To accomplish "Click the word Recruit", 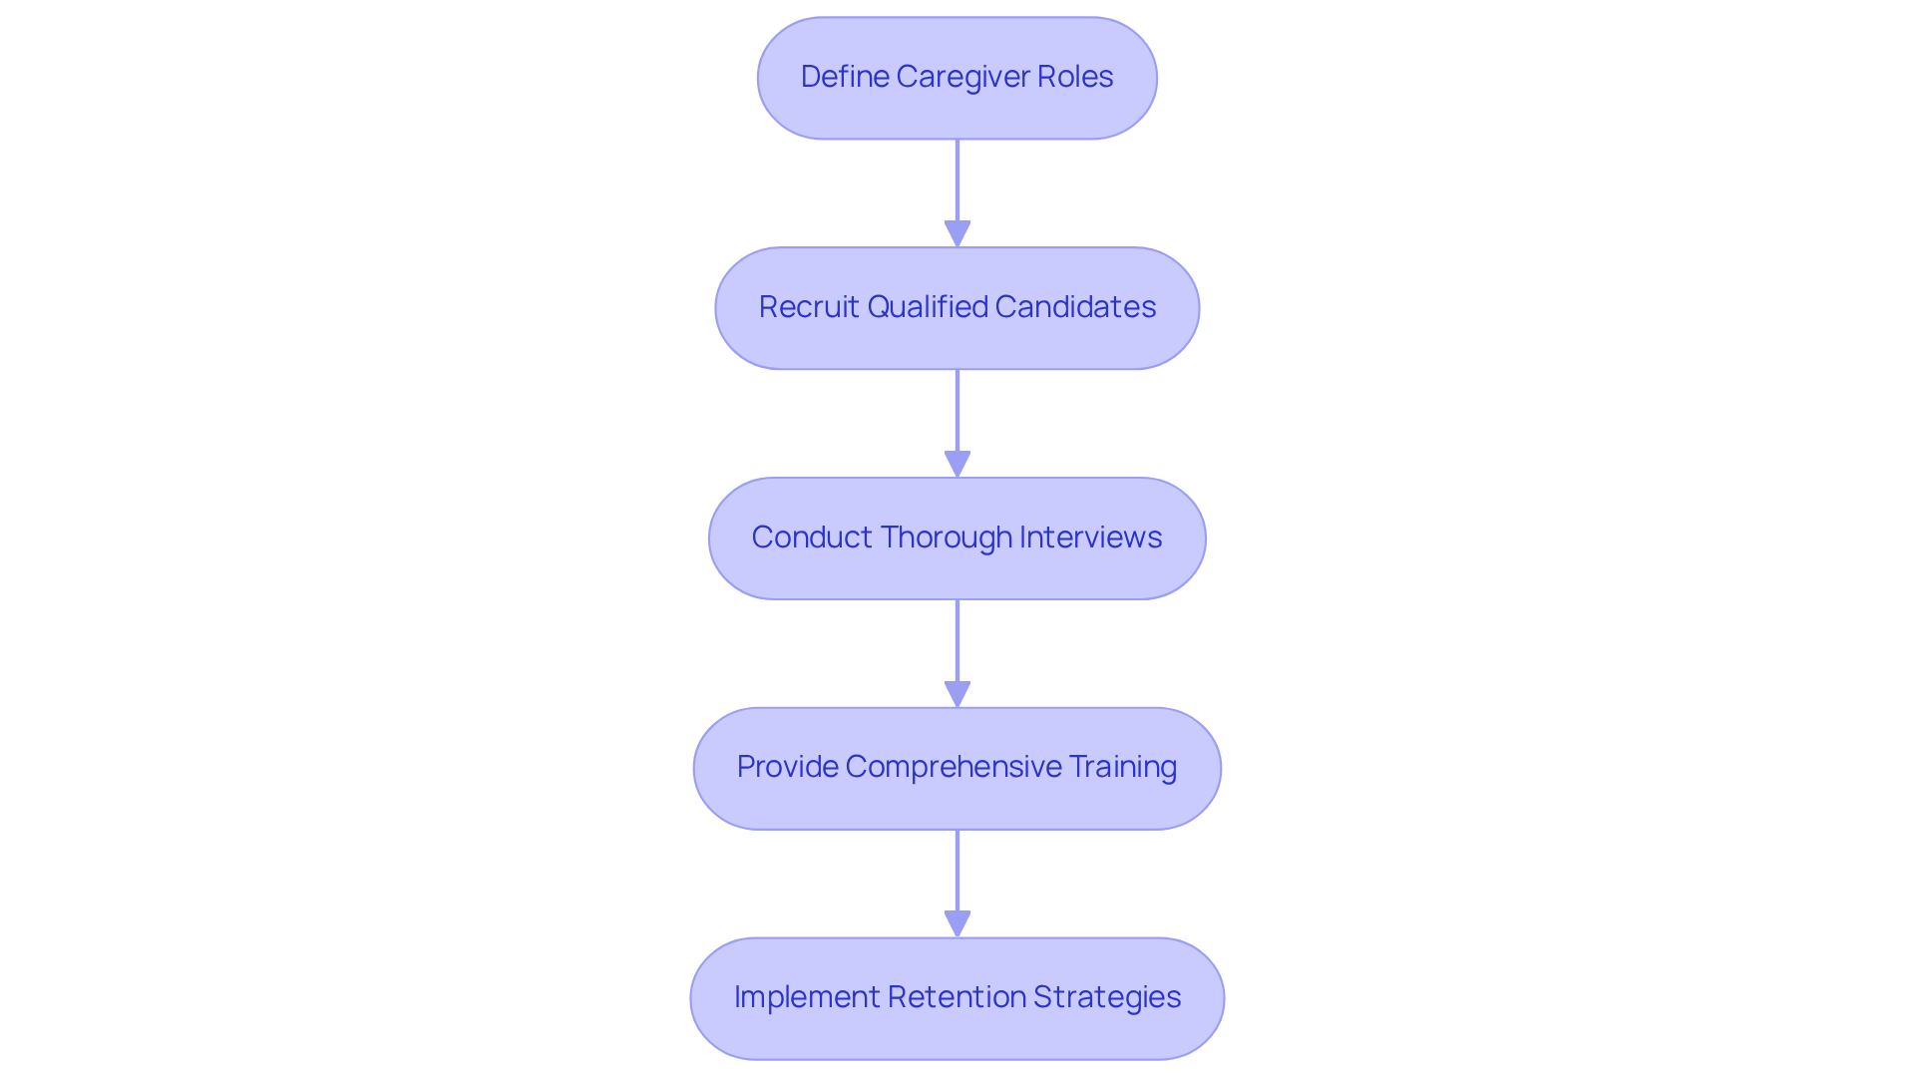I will click(809, 307).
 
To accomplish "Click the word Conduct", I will click(811, 538).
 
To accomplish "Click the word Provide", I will click(787, 767).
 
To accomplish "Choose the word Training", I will click(1123, 767).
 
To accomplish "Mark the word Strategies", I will click(1107, 997).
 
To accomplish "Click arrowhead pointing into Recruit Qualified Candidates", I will click(957, 233).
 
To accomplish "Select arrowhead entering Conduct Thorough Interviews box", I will click(957, 464).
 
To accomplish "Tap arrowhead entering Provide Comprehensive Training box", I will click(957, 694).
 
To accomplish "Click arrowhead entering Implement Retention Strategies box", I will click(957, 923).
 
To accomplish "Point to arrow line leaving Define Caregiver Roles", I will click(957, 180).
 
